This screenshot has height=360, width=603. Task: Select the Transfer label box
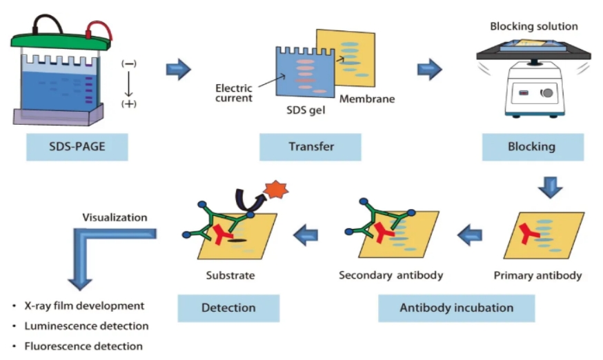tap(310, 147)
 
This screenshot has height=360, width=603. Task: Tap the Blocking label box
tap(531, 147)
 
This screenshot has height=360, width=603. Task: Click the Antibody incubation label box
tap(456, 308)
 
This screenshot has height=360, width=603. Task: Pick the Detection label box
tap(228, 308)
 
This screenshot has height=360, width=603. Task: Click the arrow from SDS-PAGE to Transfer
tap(178, 69)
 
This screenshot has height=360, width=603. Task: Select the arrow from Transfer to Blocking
tap(429, 69)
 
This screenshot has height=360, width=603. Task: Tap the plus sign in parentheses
tap(129, 104)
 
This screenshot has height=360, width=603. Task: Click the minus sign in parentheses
tap(129, 63)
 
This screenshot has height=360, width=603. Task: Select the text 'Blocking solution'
tap(533, 26)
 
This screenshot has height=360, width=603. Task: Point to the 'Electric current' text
tap(234, 93)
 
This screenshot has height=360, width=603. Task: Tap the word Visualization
tap(115, 217)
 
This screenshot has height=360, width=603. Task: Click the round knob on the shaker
tap(547, 93)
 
